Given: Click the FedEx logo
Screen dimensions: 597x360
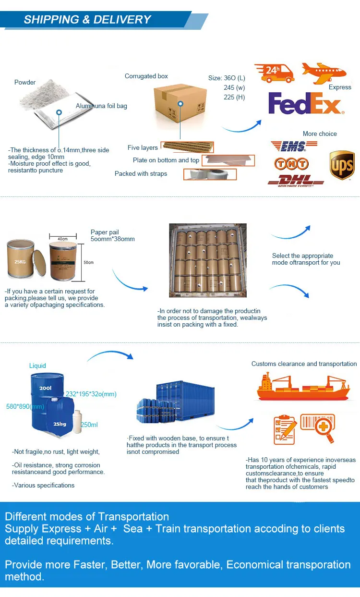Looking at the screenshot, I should pos(305,104).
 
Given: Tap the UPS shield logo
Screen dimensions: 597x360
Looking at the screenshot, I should pos(342,165).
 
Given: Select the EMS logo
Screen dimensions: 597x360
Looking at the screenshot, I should pos(288,146).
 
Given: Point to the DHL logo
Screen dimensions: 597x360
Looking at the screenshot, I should pos(295,181).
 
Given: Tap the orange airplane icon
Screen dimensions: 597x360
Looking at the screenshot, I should pos(324,72).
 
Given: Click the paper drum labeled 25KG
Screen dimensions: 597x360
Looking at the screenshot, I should pos(21,260).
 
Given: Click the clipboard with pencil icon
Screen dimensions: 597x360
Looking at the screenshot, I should pos(285,429).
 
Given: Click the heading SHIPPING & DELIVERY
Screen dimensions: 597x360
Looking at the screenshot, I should pos(87,20).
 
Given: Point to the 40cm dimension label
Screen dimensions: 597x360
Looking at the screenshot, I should pos(62,239).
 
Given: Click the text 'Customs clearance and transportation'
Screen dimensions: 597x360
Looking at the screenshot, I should pos(304,364).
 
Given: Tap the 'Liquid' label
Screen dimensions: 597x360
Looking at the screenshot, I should pos(37,366).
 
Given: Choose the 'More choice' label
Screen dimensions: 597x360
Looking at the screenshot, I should pos(320,134).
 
